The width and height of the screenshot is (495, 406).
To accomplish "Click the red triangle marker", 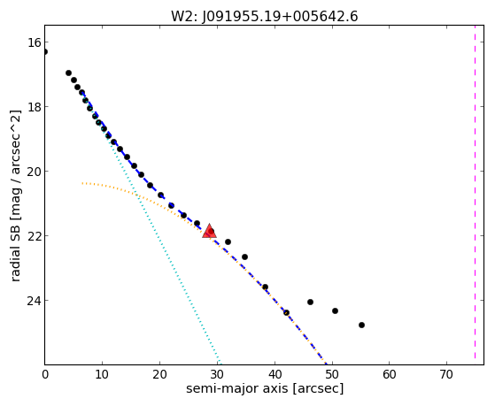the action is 209,231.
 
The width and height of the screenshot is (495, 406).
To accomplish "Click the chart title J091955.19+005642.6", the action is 280,17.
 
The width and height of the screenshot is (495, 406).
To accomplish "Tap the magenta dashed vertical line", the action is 475,195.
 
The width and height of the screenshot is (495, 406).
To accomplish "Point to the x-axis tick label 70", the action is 446,374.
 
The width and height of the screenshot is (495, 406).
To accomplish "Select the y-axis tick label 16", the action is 34,42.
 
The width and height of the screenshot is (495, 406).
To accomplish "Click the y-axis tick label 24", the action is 34,301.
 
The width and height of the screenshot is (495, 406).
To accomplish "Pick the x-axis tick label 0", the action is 45,374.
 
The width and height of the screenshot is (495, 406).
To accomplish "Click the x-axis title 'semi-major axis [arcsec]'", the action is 265,388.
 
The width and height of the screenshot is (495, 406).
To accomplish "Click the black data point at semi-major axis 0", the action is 45,51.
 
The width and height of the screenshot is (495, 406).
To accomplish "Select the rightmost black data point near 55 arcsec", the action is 362,325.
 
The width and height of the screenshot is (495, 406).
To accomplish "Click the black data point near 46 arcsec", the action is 310,302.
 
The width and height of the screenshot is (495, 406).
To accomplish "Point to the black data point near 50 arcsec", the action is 336,310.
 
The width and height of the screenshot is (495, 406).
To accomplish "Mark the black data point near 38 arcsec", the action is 265,287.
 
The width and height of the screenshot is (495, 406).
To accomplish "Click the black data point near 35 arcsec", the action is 244,257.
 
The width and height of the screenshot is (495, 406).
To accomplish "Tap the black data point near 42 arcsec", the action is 286,312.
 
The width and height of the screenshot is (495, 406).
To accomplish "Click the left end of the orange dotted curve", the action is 82,183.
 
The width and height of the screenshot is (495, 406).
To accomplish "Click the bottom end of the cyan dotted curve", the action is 220,364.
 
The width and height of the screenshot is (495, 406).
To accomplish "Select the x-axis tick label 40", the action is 275,374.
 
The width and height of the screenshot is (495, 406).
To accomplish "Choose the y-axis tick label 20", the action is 34,172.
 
